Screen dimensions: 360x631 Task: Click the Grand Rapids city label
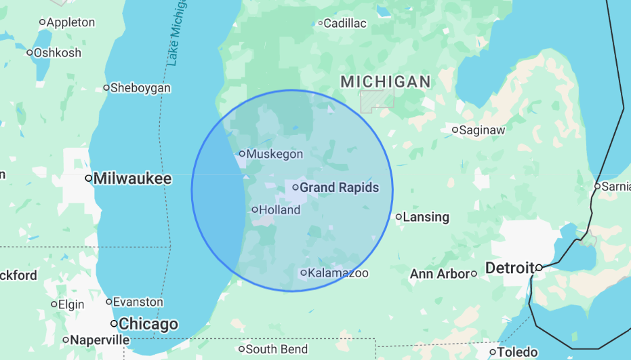click(x=339, y=188)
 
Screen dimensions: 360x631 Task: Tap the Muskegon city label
click(x=274, y=154)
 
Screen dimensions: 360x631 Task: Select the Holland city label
click(x=279, y=210)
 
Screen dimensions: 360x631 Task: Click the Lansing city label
click(x=426, y=218)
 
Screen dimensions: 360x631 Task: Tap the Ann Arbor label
click(x=439, y=274)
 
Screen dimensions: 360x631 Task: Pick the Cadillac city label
click(x=344, y=24)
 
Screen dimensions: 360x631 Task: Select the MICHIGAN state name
click(x=385, y=82)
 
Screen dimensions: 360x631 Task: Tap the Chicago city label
click(x=148, y=324)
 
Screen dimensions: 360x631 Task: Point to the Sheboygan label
click(x=140, y=88)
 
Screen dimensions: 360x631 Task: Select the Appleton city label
click(x=70, y=22)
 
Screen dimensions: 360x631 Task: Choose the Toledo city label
click(x=517, y=353)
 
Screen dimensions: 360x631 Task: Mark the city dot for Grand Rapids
click(x=296, y=187)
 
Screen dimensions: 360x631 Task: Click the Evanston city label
click(x=138, y=302)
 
